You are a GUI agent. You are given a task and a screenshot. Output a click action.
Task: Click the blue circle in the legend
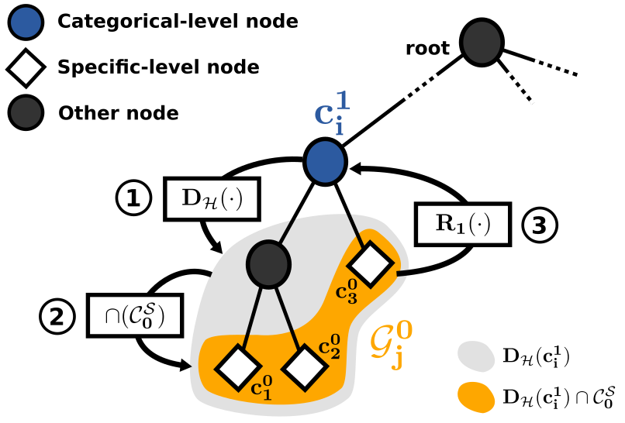click(25, 22)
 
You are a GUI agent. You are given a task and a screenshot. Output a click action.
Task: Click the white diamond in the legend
click(25, 68)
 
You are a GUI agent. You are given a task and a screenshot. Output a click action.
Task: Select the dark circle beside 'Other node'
click(25, 113)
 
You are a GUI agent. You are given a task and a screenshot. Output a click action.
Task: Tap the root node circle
click(482, 42)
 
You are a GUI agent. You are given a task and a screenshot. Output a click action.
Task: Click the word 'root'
click(427, 49)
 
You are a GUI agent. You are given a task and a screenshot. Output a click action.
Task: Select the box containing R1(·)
click(464, 224)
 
